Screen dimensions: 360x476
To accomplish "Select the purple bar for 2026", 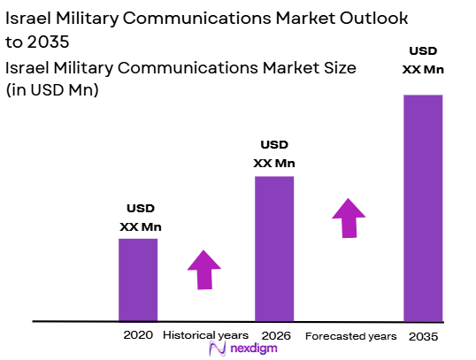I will [x=274, y=248].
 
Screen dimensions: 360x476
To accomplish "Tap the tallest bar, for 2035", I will [x=423, y=208].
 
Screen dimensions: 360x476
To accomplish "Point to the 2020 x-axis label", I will [x=138, y=335].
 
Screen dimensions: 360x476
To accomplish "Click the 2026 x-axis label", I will [x=274, y=335].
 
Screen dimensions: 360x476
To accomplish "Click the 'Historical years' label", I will [x=207, y=336].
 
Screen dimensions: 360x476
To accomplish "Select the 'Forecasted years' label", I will [x=351, y=336].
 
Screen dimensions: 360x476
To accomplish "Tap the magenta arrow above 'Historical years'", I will [x=205, y=270].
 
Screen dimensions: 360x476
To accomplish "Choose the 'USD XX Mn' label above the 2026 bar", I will [x=274, y=154].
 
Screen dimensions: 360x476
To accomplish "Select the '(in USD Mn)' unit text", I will [x=52, y=89].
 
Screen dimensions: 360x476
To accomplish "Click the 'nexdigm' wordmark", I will [x=255, y=350].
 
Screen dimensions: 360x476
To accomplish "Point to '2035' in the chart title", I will [x=49, y=42].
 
